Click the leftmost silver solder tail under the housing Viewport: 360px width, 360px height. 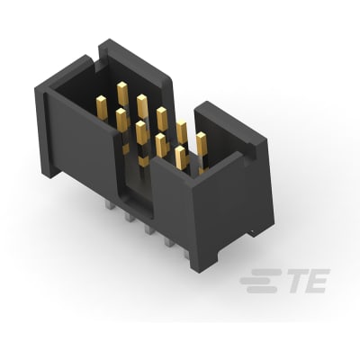click(109, 206)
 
